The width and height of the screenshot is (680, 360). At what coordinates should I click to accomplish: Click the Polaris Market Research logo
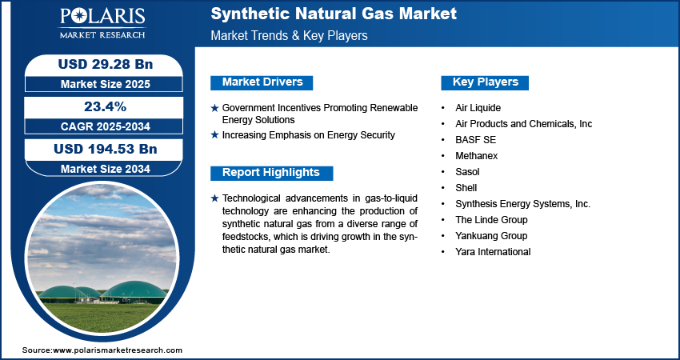pos(102,23)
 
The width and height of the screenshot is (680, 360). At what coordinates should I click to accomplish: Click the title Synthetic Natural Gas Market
pos(334,14)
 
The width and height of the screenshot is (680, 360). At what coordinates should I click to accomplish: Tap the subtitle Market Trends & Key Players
pos(289,35)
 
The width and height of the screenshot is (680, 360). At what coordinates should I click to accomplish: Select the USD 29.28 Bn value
pos(106,64)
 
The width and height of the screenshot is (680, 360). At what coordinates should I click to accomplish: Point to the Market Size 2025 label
pos(106,84)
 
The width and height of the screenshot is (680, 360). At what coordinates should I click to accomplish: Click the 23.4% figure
pos(106,106)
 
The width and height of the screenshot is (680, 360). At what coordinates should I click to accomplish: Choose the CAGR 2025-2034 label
pos(106,126)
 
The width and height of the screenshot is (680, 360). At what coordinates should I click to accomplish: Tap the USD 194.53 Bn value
pos(106,149)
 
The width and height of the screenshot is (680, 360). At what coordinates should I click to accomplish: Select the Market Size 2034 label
pos(106,169)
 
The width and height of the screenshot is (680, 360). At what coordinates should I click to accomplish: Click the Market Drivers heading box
pos(262,82)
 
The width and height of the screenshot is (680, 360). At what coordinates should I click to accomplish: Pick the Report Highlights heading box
pos(271,173)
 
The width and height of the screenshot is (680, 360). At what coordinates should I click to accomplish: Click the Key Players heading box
pos(485,82)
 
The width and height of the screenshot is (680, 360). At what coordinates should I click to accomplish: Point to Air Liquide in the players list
pos(478,107)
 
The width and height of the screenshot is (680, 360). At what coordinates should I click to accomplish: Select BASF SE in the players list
pos(475,140)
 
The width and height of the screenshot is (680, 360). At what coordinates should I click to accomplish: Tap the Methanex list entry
pos(477,156)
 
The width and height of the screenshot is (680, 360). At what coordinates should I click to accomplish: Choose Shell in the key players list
pos(466,188)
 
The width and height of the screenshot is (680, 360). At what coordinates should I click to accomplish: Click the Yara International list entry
pos(493,251)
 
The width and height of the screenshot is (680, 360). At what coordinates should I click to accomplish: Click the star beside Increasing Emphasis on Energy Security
pos(214,135)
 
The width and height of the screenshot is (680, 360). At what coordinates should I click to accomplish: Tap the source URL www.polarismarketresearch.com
pos(118,350)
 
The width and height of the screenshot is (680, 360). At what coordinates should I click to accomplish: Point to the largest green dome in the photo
pos(135,290)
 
